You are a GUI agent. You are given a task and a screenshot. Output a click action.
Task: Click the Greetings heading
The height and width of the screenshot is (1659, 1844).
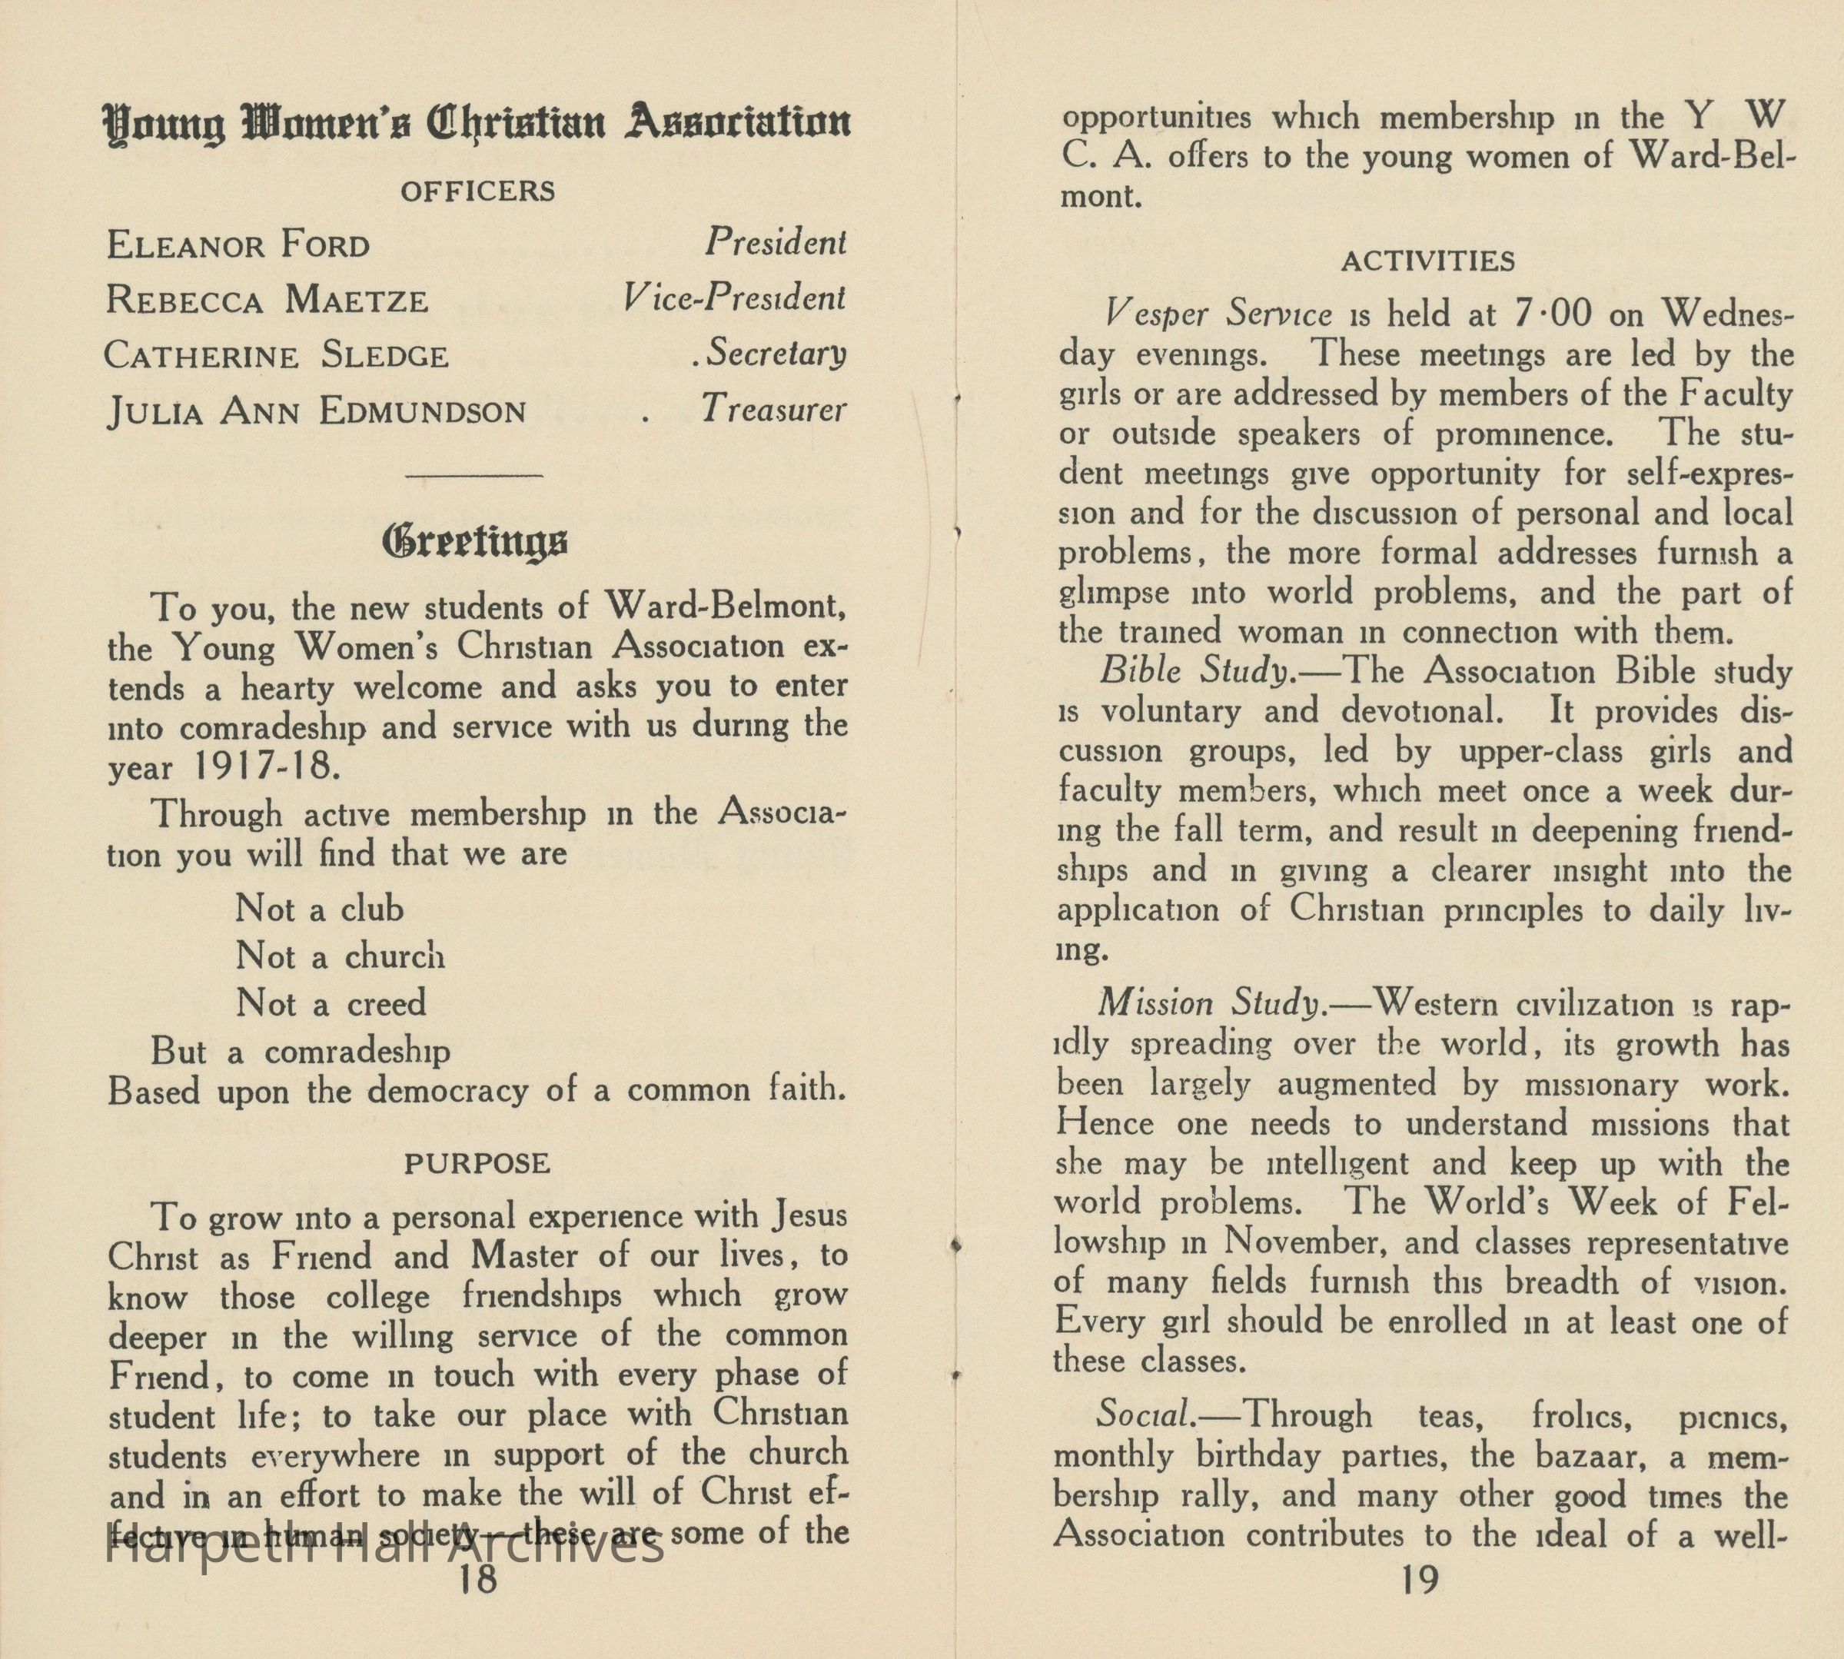coord(475,544)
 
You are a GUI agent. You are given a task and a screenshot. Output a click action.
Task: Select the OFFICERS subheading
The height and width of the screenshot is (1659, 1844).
coord(477,191)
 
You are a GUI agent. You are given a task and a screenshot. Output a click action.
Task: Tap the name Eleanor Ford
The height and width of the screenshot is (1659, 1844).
coord(238,245)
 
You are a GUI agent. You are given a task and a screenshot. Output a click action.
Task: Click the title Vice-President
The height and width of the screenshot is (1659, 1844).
coord(735,299)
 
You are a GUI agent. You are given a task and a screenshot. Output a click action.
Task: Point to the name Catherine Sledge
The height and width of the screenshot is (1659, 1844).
coord(276,355)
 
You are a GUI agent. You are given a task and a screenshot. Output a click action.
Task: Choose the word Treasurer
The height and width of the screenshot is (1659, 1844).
coord(774,411)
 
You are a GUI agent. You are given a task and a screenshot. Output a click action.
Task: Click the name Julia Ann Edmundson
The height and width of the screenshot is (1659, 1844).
coord(316,412)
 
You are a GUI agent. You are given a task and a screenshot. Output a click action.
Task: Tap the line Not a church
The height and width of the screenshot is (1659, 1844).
coord(340,956)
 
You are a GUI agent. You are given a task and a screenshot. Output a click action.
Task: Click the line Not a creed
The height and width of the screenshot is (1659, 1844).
coord(331,1003)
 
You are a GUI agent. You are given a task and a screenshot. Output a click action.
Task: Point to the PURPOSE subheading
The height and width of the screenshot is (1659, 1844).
coord(477,1164)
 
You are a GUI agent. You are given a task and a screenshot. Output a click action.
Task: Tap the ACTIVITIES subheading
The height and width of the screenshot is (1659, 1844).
coord(1427,262)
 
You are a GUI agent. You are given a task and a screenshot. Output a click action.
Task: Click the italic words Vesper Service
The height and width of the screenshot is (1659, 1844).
coord(1218,314)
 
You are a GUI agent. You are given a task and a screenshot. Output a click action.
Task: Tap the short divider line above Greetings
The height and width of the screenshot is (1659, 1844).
coord(475,475)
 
